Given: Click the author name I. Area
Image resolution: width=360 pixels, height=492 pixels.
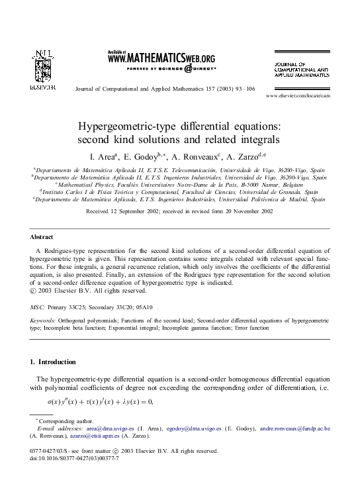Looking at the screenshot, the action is [x=103, y=156].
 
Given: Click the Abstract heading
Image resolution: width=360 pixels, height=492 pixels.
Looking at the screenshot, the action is [x=42, y=236].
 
